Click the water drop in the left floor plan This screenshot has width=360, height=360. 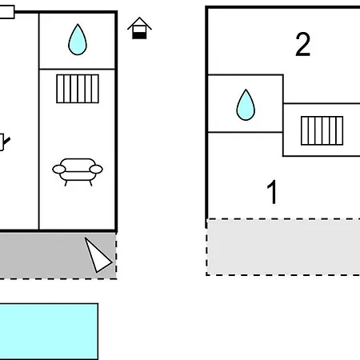point(78,40)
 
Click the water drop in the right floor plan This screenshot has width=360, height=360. point(246,106)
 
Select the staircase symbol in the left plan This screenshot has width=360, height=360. point(78,89)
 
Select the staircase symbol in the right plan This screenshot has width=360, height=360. point(322,130)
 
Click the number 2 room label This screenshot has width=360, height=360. point(303,44)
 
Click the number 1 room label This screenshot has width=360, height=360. point(272,192)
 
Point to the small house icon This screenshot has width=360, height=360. point(139,28)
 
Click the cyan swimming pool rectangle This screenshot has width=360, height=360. point(49,331)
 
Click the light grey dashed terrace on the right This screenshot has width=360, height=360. point(283,247)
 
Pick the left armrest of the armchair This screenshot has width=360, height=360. point(59,169)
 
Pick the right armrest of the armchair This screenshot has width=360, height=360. point(96,169)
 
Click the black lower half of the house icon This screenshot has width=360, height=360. point(139,35)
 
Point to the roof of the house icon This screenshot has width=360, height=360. point(139,23)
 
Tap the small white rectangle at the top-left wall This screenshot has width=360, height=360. point(7,12)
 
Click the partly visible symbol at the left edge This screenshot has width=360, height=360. point(5,142)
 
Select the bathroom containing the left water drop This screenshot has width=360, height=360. point(78,41)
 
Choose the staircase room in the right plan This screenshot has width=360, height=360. point(322,130)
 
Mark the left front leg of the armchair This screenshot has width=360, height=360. point(66,183)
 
